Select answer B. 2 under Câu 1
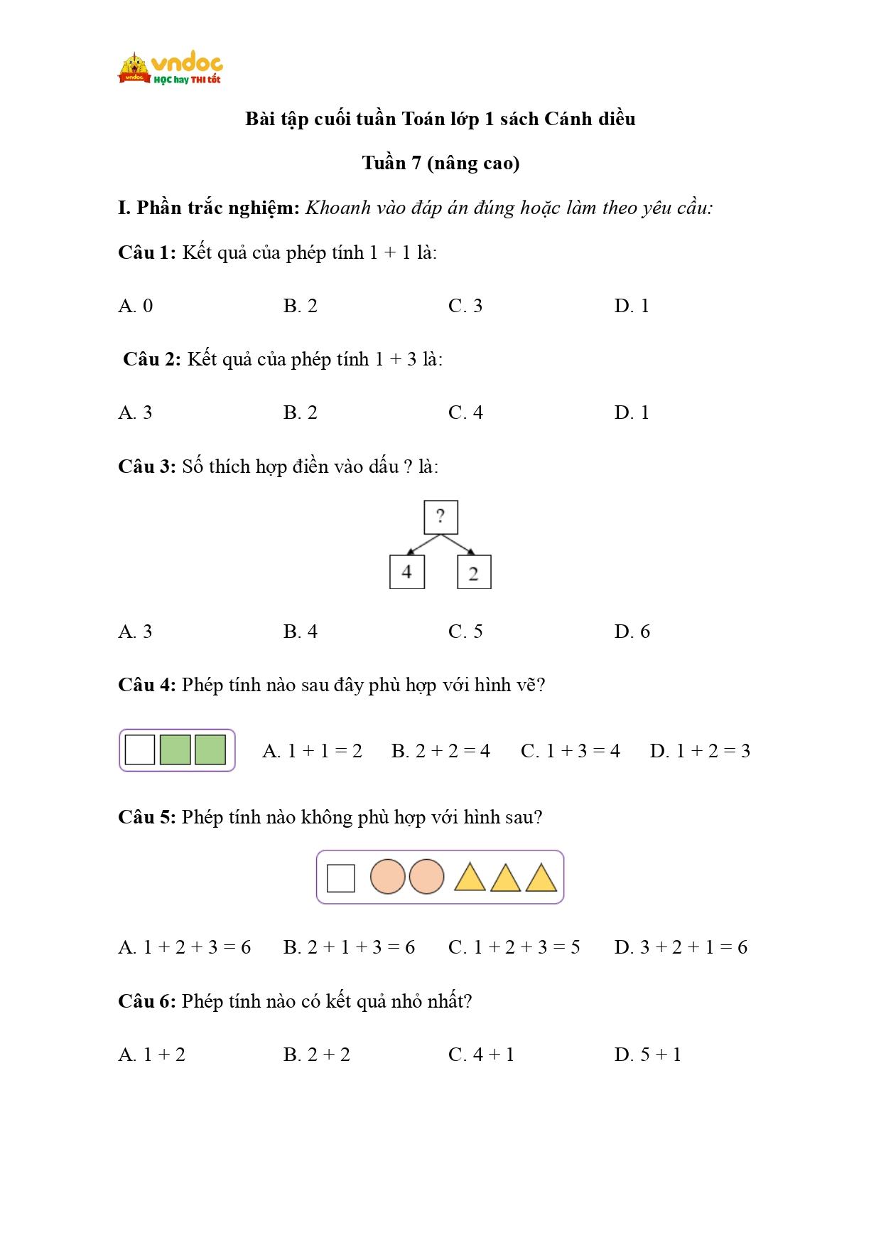(x=300, y=306)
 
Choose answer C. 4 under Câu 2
(x=465, y=412)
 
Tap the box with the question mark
(x=440, y=517)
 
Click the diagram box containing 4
(x=407, y=572)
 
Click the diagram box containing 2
(x=474, y=572)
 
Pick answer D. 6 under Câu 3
(x=632, y=631)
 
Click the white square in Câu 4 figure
(x=140, y=750)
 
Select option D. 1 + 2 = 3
(x=699, y=751)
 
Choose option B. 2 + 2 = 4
(x=440, y=751)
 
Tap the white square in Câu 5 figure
(x=341, y=878)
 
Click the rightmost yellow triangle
(x=541, y=879)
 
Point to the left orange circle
(x=388, y=877)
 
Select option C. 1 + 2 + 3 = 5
(x=514, y=947)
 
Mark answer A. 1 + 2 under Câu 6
(x=151, y=1055)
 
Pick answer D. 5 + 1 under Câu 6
(x=647, y=1055)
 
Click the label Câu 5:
(x=146, y=817)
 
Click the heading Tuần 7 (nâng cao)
(x=440, y=163)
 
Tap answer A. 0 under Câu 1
(x=135, y=306)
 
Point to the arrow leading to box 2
(x=458, y=544)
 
